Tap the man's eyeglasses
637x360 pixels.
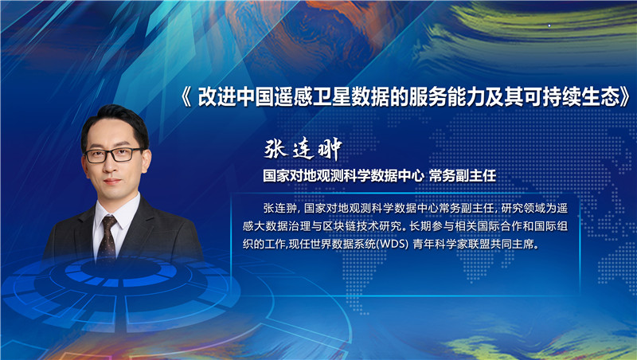click(114, 153)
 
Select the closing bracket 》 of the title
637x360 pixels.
click(629, 97)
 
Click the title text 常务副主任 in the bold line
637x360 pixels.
click(463, 174)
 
